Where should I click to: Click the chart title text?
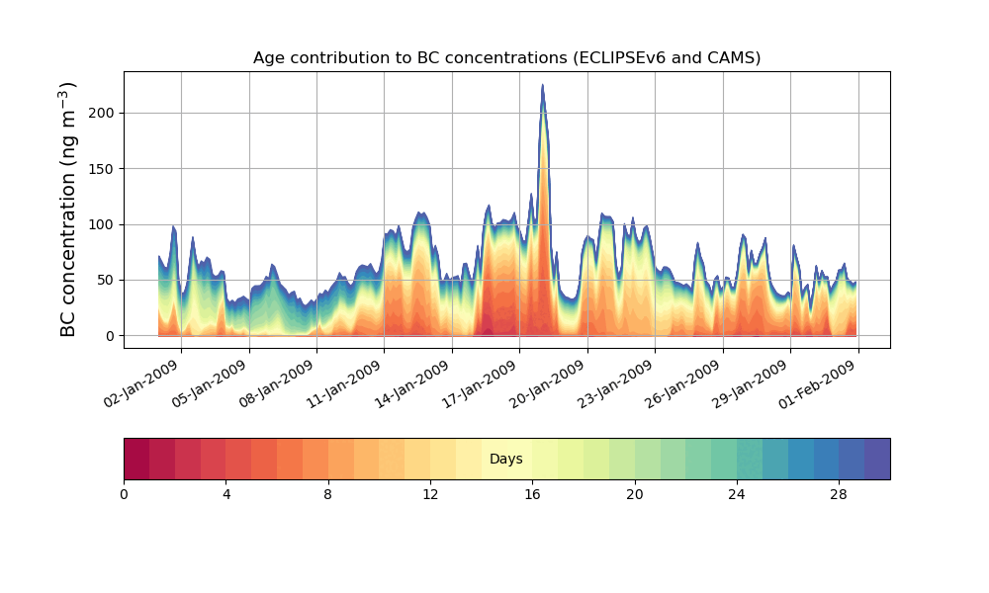point(506,57)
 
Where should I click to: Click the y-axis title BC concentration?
point(68,210)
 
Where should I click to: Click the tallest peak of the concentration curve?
point(542,86)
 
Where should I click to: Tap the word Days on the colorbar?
point(506,460)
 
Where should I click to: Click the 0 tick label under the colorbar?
point(124,494)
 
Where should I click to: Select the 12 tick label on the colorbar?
point(430,494)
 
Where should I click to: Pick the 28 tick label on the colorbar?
point(839,494)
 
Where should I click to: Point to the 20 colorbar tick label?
point(635,494)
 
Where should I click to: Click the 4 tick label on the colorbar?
point(226,494)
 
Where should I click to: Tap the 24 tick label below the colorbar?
point(737,494)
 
